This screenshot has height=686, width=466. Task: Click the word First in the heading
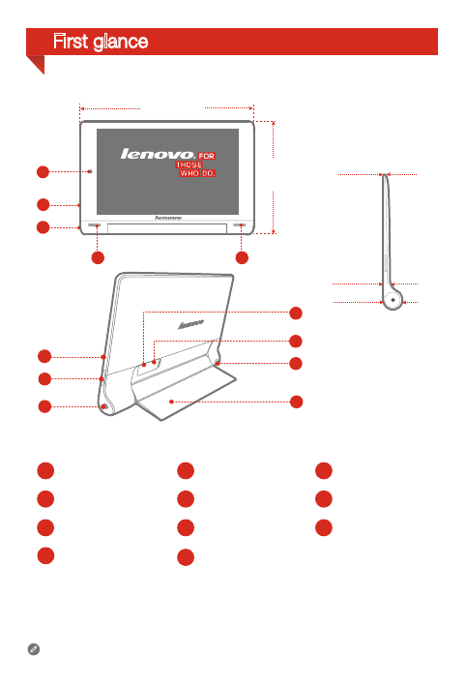(73, 42)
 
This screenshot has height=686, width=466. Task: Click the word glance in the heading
(120, 43)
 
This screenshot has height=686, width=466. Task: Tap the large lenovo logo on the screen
(156, 153)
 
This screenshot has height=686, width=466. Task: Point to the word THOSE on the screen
(189, 164)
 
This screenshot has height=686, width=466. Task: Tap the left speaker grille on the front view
(98, 224)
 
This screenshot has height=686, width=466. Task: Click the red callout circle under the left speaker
(97, 258)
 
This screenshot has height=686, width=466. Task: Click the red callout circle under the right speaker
(242, 258)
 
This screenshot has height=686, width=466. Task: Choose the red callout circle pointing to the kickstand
(297, 401)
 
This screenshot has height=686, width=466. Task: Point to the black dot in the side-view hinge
(394, 299)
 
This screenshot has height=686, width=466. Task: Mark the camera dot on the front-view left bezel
(90, 172)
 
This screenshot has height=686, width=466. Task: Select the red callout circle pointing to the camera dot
(42, 172)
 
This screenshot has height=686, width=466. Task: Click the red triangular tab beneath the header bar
(35, 63)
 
